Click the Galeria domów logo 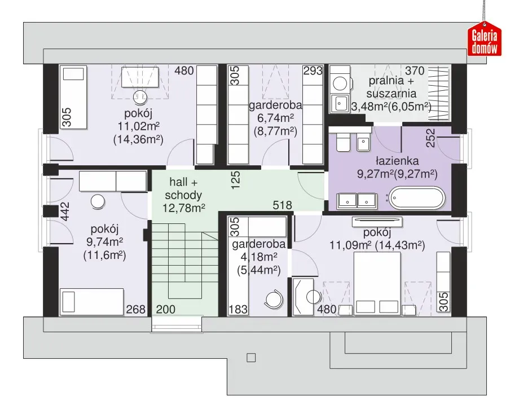click(484, 39)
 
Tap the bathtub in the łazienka click(417, 198)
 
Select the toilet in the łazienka click(343, 142)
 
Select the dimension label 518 click(282, 205)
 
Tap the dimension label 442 click(65, 212)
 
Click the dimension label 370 click(415, 71)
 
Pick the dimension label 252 click(430, 138)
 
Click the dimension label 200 click(165, 309)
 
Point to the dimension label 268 click(135, 309)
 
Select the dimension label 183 click(238, 309)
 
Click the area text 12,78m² click(183, 208)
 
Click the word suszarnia click(392, 93)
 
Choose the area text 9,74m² click(104, 242)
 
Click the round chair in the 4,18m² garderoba click(274, 298)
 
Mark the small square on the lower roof click(251, 358)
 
